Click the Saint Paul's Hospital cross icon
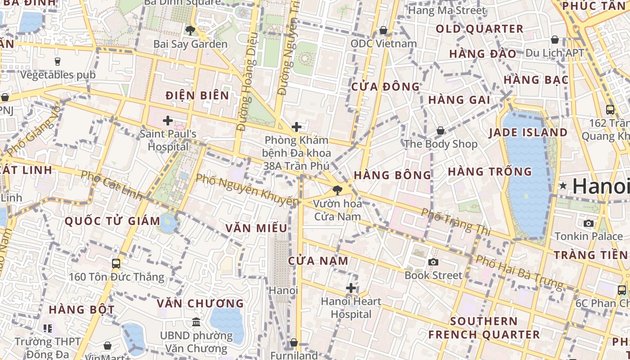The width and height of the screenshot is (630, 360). click(x=168, y=121)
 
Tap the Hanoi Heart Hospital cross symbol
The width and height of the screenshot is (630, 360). click(x=351, y=288)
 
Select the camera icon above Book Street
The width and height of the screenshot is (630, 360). click(x=433, y=262)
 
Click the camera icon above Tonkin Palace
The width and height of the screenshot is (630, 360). click(x=588, y=223)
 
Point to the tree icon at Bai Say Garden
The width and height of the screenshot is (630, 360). click(x=190, y=31)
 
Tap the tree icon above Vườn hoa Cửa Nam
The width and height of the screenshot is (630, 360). click(x=337, y=190)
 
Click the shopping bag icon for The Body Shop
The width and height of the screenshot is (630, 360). click(x=441, y=130)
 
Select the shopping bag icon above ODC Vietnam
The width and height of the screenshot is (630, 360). click(x=383, y=30)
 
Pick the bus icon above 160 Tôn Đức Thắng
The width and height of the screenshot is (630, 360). click(x=116, y=263)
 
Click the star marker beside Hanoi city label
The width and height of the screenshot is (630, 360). click(x=563, y=185)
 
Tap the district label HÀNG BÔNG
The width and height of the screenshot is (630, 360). click(x=392, y=175)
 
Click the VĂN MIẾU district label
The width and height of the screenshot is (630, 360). click(x=256, y=228)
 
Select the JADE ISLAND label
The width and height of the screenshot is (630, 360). click(x=528, y=132)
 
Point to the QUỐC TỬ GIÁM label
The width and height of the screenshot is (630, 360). click(x=112, y=221)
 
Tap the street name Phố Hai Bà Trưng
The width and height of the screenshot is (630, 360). click(x=519, y=272)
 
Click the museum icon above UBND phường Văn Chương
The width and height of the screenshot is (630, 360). click(x=196, y=322)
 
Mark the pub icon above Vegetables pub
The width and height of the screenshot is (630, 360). click(x=58, y=62)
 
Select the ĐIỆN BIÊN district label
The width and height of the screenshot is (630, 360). click(x=197, y=95)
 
